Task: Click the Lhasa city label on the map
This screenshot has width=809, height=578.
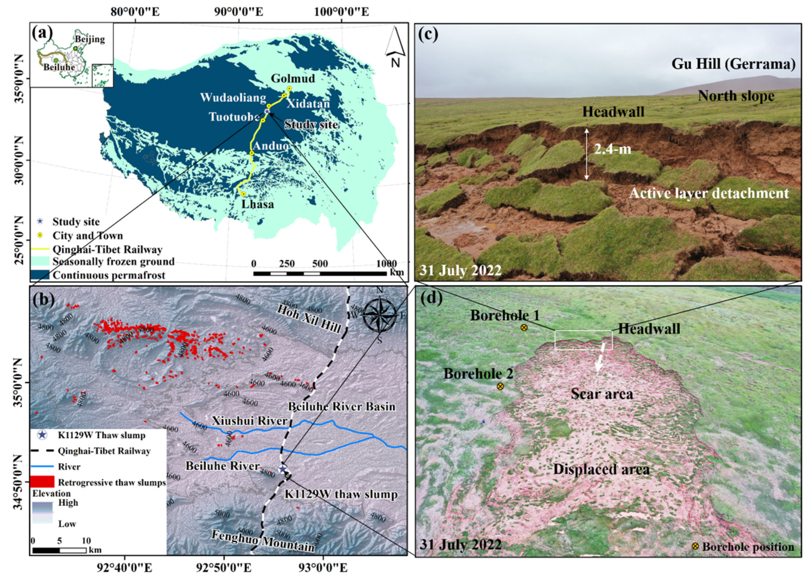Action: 258,204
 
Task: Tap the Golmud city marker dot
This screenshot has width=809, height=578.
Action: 289,88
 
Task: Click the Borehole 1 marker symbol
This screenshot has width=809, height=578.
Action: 524,327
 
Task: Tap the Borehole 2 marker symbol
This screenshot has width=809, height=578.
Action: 500,386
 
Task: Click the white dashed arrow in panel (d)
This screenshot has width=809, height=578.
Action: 600,358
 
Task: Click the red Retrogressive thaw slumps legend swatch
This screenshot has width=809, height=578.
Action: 42,482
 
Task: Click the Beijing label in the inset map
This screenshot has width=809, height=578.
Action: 90,39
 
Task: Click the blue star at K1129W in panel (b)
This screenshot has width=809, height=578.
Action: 283,469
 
